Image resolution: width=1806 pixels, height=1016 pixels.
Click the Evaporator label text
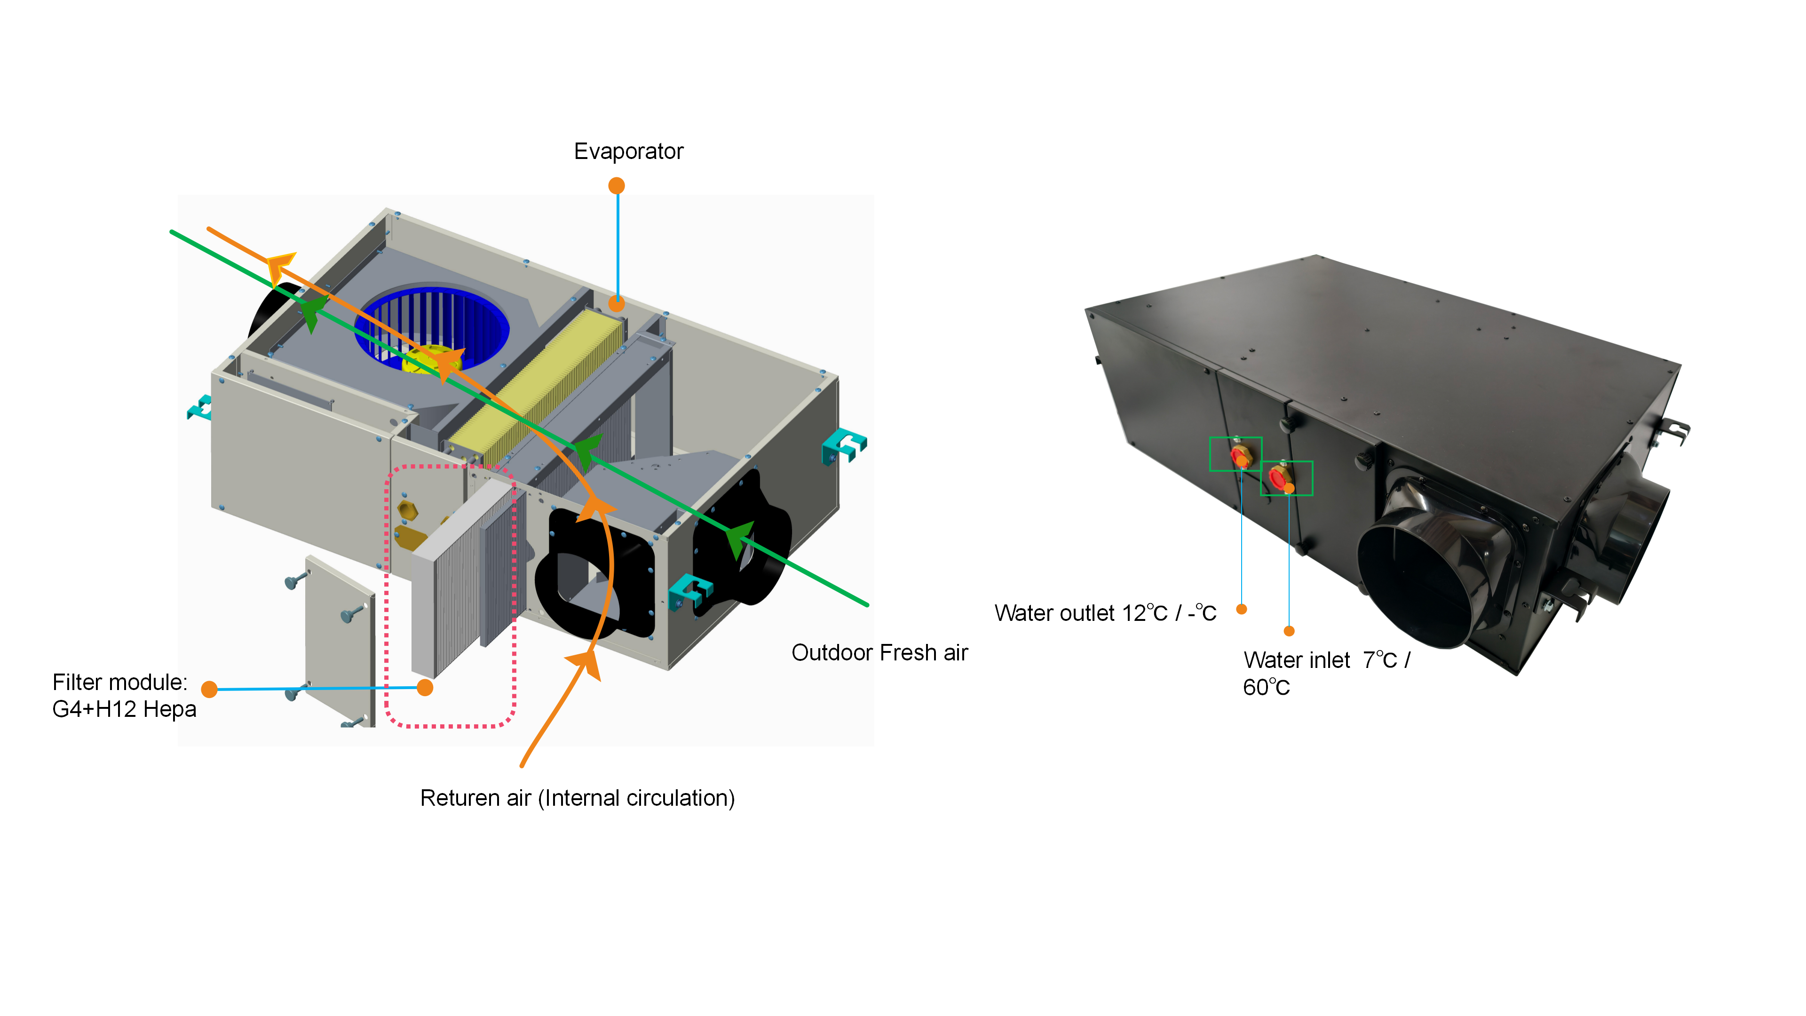point(628,151)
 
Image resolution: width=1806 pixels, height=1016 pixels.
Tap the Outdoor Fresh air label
point(879,653)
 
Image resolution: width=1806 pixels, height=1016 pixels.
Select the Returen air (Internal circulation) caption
point(577,798)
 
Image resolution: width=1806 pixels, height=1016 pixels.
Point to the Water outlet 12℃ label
point(1105,613)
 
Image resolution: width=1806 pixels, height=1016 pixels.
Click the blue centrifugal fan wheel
point(431,328)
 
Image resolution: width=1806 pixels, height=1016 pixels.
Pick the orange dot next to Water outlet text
point(1241,609)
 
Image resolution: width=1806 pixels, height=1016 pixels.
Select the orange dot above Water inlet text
point(1289,631)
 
